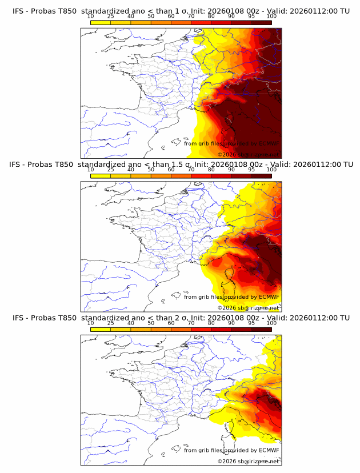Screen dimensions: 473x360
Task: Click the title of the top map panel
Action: [x=180, y=11]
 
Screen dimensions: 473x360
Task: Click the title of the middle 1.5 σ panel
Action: [x=180, y=164]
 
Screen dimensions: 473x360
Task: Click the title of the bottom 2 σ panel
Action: [x=180, y=318]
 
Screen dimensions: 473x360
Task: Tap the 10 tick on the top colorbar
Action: [x=91, y=17]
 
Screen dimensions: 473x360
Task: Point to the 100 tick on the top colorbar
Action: [x=271, y=17]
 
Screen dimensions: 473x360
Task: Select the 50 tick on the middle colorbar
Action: [x=151, y=170]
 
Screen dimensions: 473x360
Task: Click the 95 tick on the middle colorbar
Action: [x=251, y=170]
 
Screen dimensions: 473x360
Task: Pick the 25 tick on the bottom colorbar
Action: [x=111, y=323]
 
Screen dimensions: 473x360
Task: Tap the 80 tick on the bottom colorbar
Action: [x=211, y=323]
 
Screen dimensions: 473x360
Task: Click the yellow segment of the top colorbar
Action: [x=101, y=22]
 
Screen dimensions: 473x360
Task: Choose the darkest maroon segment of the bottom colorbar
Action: [x=261, y=329]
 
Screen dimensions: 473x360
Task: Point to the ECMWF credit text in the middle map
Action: [x=231, y=297]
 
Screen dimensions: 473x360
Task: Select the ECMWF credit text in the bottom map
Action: [x=231, y=451]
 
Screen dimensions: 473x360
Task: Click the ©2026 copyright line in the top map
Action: [x=248, y=154]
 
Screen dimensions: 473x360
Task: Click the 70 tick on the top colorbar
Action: [x=191, y=17]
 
